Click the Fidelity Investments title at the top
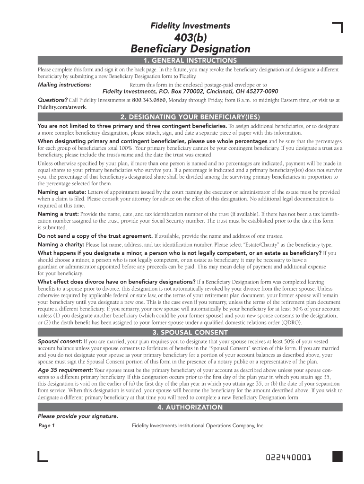click(190, 26)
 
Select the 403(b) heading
click(190, 38)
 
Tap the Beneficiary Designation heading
click(190, 49)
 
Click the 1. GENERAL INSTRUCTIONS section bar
click(190, 60)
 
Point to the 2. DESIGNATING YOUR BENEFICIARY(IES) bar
click(190, 117)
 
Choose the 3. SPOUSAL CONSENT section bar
click(190, 332)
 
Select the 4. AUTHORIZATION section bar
click(190, 407)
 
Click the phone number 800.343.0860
click(149, 100)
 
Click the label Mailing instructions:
click(64, 85)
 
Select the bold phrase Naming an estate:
click(61, 192)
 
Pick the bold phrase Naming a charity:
click(61, 244)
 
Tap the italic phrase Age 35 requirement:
click(65, 370)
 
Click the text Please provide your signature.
click(78, 416)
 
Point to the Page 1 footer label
click(46, 426)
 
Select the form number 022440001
click(288, 458)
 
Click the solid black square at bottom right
click(337, 456)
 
